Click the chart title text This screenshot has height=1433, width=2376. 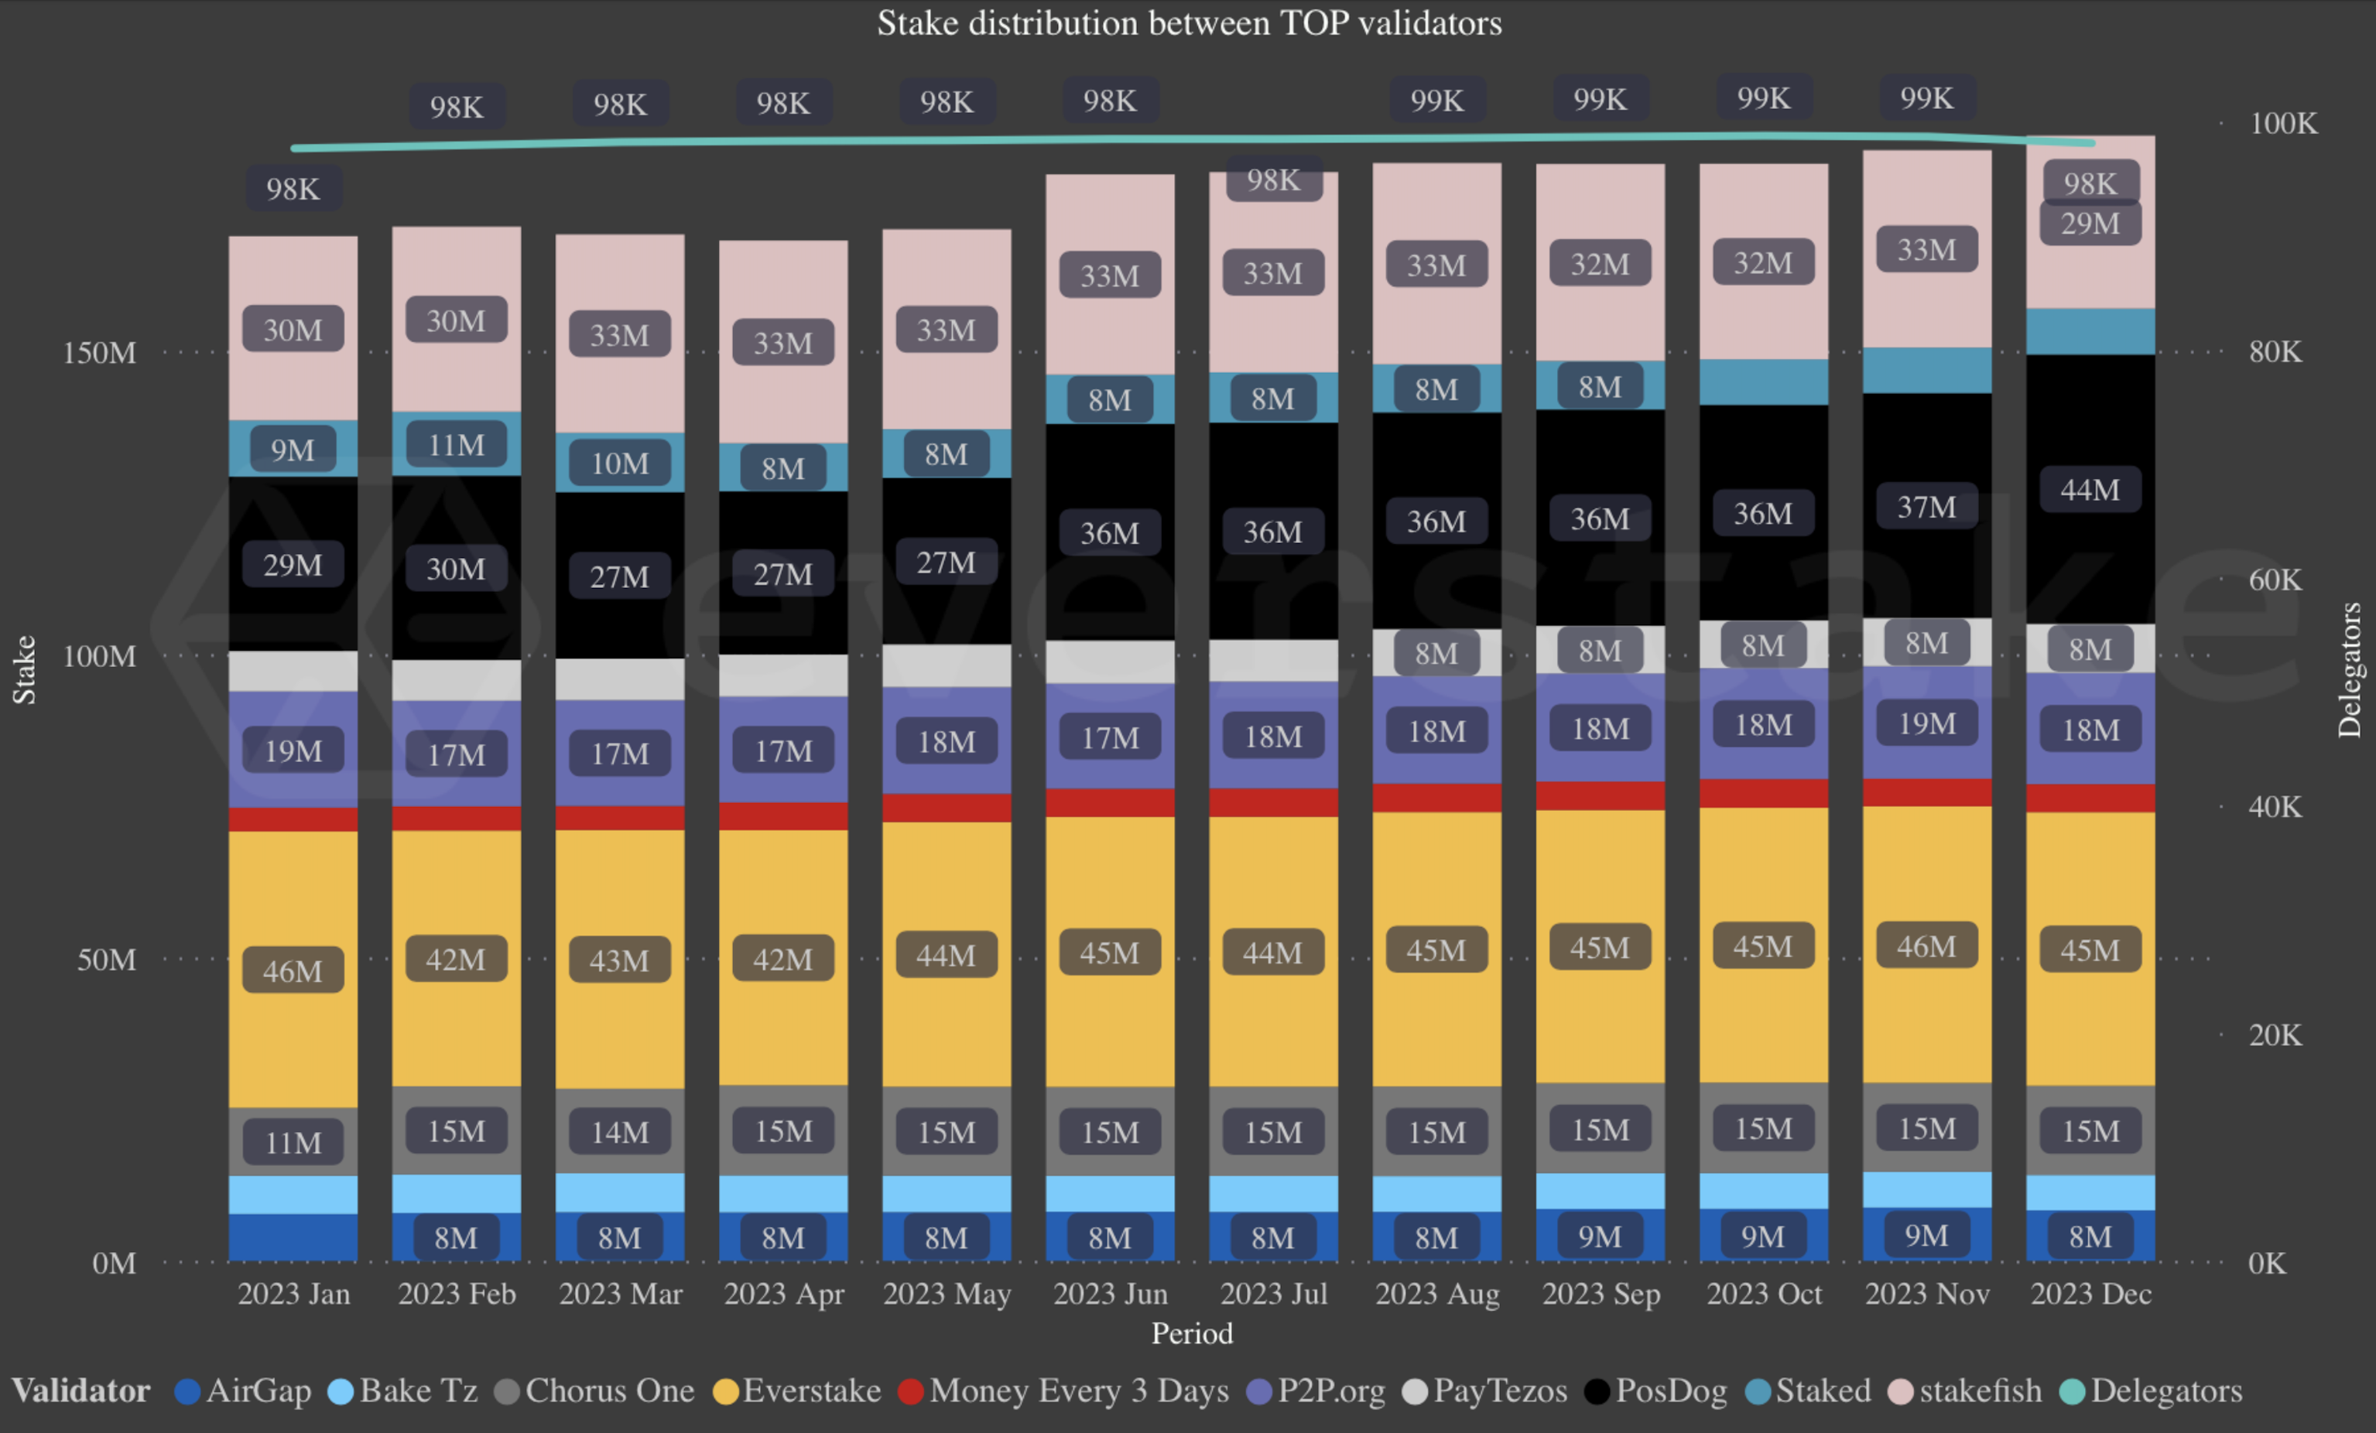pos(1188,23)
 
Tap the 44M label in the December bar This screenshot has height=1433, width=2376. pos(2090,490)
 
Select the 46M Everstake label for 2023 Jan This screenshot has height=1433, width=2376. pos(293,970)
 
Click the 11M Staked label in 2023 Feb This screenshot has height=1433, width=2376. pos(456,445)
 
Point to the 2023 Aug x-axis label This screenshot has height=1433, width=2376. pos(1436,1293)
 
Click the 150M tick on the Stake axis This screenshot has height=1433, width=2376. pos(99,353)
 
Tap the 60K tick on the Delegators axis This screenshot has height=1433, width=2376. pos(2275,580)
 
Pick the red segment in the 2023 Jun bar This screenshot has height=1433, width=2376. pos(1110,802)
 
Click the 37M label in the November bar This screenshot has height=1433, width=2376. pos(1926,508)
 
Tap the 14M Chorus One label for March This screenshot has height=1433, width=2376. pos(619,1132)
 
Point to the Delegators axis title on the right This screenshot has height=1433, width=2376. pos(2349,669)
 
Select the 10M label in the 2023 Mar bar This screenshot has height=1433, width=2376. pos(619,463)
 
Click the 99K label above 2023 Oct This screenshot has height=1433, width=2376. pos(1764,98)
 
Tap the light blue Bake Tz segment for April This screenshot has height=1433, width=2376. pos(783,1193)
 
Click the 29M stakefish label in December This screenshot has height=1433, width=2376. pos(2090,224)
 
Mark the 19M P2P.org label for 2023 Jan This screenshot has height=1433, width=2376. pos(293,751)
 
